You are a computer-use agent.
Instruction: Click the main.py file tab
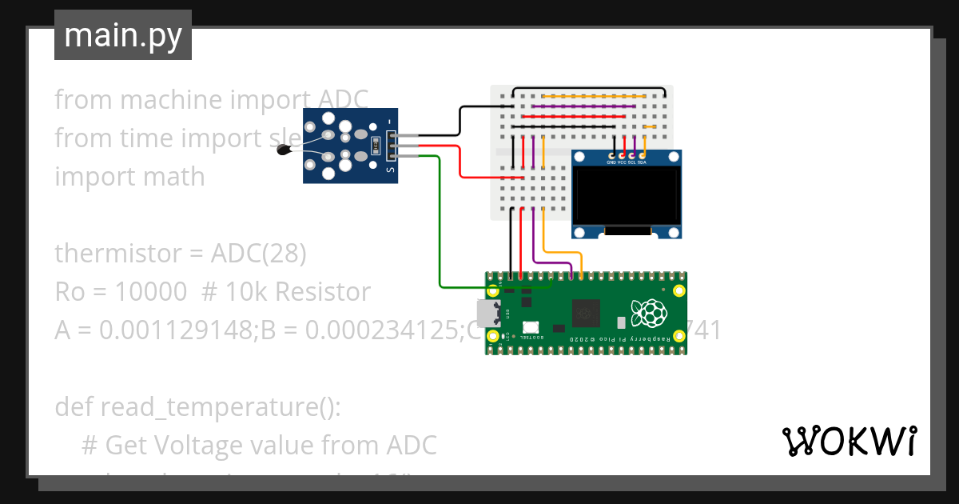(x=123, y=35)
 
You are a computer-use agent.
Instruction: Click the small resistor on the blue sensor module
(x=374, y=146)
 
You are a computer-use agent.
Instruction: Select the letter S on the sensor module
(x=389, y=169)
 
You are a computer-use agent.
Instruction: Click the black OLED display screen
(x=627, y=196)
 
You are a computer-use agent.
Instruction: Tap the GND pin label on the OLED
(x=611, y=162)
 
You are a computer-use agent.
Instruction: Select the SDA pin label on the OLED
(x=642, y=162)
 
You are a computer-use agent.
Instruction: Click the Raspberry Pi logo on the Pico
(x=647, y=313)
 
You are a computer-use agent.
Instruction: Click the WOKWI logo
(x=849, y=441)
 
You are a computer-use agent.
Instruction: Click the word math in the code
(x=174, y=176)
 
